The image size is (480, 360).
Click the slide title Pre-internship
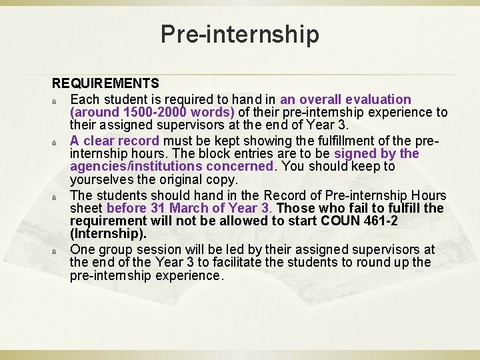240,33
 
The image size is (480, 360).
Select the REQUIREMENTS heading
106,83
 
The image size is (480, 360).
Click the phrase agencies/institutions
172,166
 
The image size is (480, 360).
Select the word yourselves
102,180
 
